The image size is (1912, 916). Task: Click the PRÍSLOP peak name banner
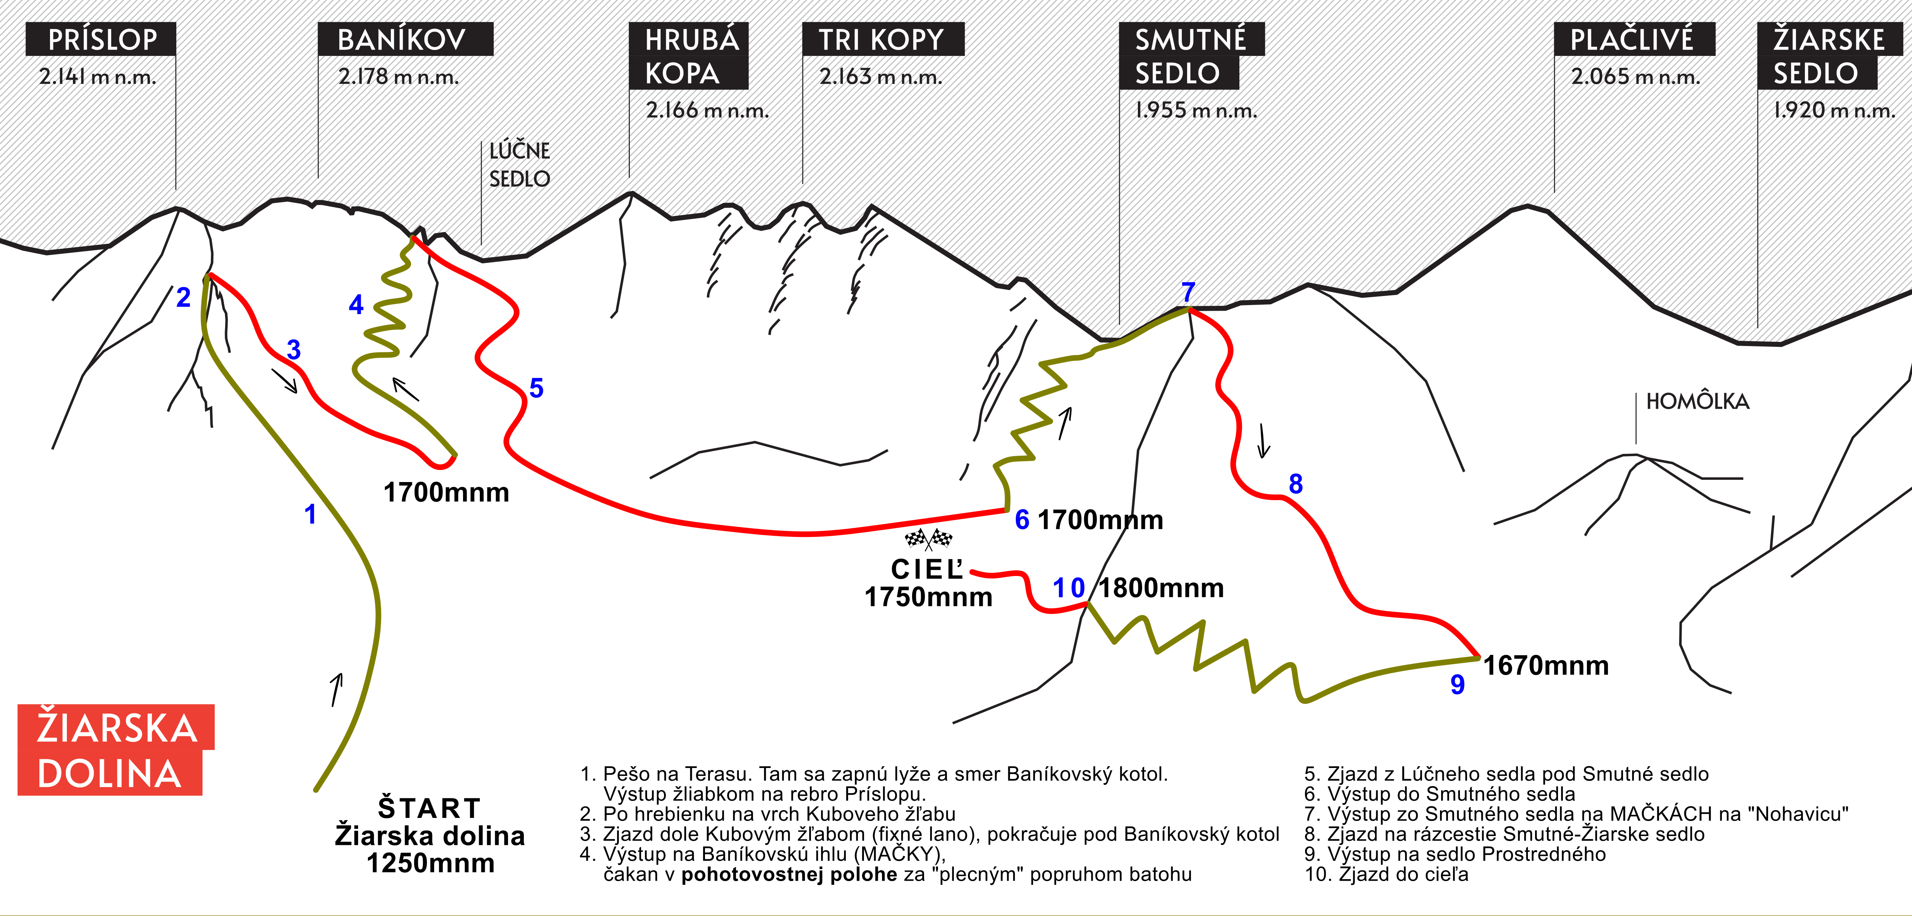click(x=101, y=39)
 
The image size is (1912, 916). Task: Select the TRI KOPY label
click(x=882, y=39)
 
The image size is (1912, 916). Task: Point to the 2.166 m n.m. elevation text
click(x=706, y=110)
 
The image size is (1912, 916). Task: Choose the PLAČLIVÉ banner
click(x=1634, y=39)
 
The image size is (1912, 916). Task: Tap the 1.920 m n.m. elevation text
click(x=1833, y=110)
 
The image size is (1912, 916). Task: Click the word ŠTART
click(x=430, y=808)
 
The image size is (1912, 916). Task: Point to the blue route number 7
click(x=1188, y=292)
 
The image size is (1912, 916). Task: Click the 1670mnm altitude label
click(x=1545, y=666)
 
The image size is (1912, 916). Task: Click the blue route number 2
click(x=183, y=298)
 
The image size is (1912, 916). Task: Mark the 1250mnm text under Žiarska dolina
click(x=431, y=863)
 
